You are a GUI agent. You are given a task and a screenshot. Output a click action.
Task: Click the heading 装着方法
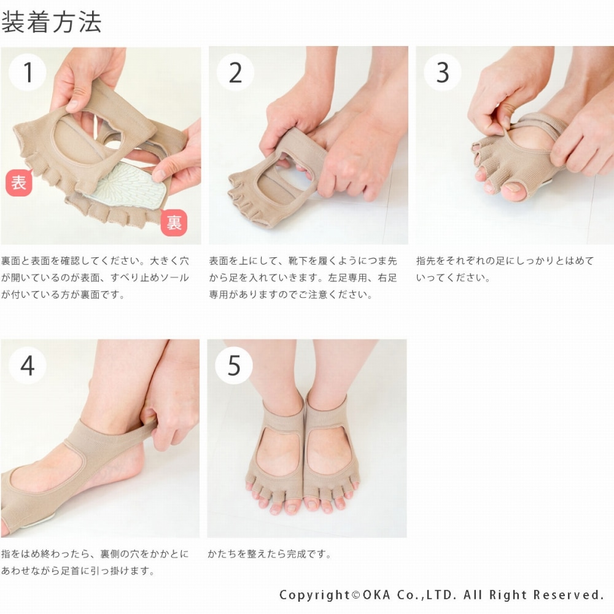pos(52,21)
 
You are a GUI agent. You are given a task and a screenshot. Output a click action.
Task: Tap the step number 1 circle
pos(28,72)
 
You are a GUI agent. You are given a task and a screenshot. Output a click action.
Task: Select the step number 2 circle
pos(235,72)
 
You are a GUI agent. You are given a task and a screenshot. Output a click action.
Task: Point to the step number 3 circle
pos(443,72)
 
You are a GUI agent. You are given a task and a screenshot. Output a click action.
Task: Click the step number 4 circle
pos(28,365)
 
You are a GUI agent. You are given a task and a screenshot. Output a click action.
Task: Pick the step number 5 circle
pos(234,365)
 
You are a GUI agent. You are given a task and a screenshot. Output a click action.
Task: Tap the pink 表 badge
pos(19,183)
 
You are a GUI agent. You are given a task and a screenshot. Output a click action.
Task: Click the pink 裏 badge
pos(174,222)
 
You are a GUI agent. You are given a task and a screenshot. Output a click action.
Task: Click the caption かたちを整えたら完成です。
pos(270,554)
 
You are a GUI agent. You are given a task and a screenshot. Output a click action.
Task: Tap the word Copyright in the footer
pos(316,595)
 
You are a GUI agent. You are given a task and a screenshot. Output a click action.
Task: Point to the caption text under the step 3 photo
pos(505,269)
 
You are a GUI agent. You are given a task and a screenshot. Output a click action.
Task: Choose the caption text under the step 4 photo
pos(95,562)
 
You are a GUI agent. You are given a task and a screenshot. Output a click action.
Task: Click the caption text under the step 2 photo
pos(303,278)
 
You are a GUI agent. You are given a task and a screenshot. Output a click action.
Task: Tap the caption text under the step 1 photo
pos(95,278)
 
